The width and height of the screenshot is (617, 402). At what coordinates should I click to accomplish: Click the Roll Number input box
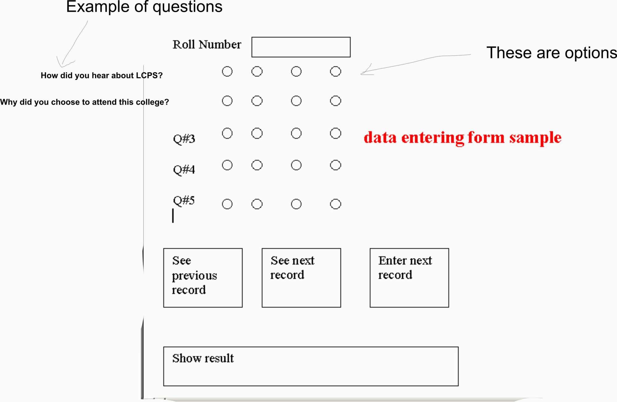click(x=301, y=47)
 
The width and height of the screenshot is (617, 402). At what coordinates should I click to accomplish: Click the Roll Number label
click(x=207, y=44)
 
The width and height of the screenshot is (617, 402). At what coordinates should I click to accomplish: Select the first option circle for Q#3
click(x=227, y=133)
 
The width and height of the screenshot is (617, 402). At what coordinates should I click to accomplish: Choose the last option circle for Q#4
click(x=335, y=165)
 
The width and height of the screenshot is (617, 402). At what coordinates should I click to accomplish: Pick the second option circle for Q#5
click(x=257, y=204)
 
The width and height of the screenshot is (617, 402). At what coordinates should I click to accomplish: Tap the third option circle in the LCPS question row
click(x=296, y=72)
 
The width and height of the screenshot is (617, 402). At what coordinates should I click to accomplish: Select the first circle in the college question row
click(x=227, y=101)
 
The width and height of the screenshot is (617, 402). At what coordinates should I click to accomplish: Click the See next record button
click(x=301, y=278)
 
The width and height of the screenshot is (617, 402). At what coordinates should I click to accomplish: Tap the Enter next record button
click(x=409, y=278)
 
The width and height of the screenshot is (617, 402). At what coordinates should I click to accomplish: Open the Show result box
click(x=311, y=366)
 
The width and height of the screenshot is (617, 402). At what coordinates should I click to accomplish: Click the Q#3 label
click(x=184, y=139)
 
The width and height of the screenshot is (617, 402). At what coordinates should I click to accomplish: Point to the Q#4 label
click(x=184, y=170)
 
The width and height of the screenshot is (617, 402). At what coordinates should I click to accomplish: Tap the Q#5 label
click(x=184, y=200)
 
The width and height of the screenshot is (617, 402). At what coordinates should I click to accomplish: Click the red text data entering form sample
click(x=462, y=138)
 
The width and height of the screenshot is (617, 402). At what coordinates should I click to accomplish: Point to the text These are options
click(x=552, y=52)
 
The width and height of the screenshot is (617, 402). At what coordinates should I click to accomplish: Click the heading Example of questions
click(x=144, y=7)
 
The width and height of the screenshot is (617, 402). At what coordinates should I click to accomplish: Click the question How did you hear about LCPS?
click(x=101, y=76)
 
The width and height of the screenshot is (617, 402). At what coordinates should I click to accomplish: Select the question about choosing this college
click(x=85, y=102)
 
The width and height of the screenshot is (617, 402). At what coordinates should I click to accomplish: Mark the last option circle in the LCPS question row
click(x=335, y=72)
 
